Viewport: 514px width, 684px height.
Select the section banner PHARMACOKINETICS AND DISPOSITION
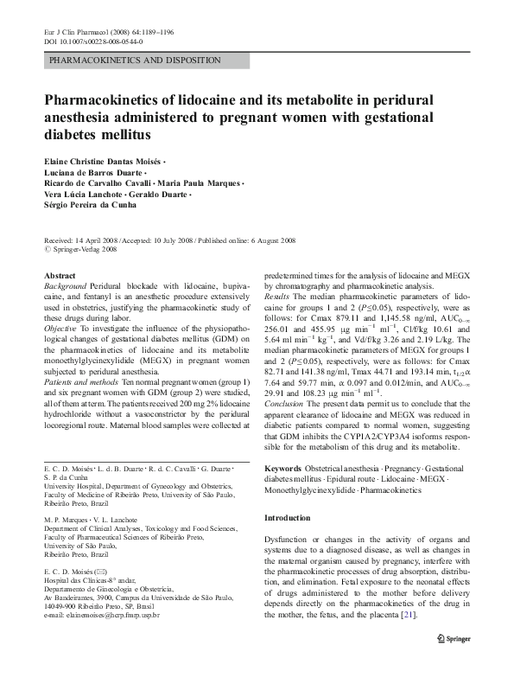tap(135, 61)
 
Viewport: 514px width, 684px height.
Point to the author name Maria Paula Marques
tap(200, 183)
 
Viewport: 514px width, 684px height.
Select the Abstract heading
tap(60, 275)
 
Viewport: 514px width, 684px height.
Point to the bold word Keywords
tap(283, 468)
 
